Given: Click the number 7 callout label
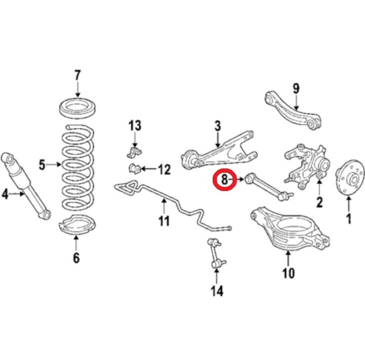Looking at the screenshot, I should pos(77,74).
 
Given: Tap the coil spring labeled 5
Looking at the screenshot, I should pos(78,167).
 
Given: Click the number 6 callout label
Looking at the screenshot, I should pos(76,258).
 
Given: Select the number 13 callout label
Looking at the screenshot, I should pos(135,126).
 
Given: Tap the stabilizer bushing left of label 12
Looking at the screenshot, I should pos(135,169).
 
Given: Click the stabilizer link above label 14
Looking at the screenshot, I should pos(216,253).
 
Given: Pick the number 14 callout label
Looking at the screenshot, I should pos(216,291).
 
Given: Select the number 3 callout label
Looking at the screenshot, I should pos(217,126).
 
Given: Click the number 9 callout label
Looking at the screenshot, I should pos(296,88).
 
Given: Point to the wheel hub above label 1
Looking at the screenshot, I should pos(348,180).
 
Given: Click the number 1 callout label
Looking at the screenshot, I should pos(348,218).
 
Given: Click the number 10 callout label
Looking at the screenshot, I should pos(289,273).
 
